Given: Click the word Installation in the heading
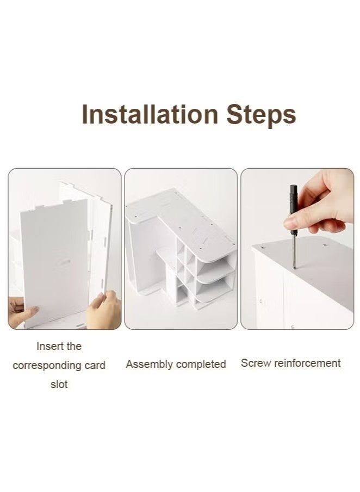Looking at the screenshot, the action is click(150, 114).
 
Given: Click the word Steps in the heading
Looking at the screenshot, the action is click(261, 116).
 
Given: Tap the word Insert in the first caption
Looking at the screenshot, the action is click(46, 346).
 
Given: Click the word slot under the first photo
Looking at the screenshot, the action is click(59, 384).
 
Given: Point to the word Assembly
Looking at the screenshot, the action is click(149, 365).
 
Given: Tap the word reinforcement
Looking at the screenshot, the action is click(307, 363).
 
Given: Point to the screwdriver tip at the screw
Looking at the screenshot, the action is click(294, 267).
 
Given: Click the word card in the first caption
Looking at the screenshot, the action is click(95, 365).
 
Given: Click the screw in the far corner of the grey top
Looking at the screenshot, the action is click(324, 244).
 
